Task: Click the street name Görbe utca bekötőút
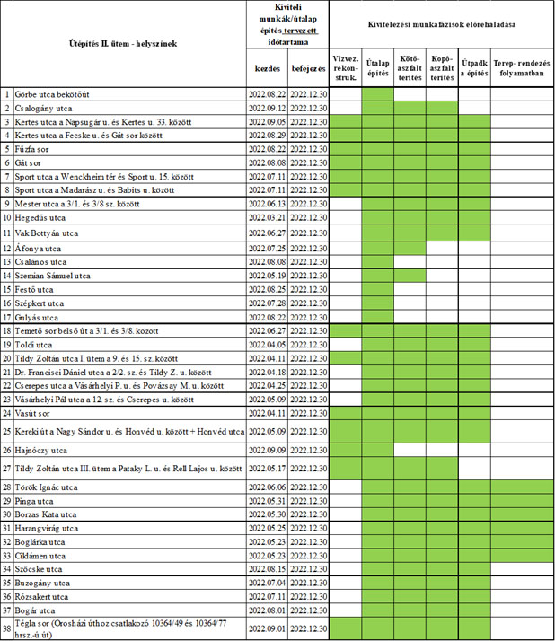tap(52, 94)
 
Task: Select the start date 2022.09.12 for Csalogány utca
tap(268, 108)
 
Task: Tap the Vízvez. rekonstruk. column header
tap(346, 66)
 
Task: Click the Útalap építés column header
tap(378, 66)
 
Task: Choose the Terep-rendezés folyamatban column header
tap(522, 66)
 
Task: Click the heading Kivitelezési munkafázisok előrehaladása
tap(442, 24)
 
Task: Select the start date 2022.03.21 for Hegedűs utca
tap(268, 218)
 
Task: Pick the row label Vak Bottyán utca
tap(47, 233)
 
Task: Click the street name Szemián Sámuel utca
tap(52, 276)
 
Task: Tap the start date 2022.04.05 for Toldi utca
tap(268, 344)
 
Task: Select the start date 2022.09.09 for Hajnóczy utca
tap(268, 449)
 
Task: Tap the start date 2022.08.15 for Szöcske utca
tap(268, 568)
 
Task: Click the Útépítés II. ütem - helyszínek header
tap(124, 42)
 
